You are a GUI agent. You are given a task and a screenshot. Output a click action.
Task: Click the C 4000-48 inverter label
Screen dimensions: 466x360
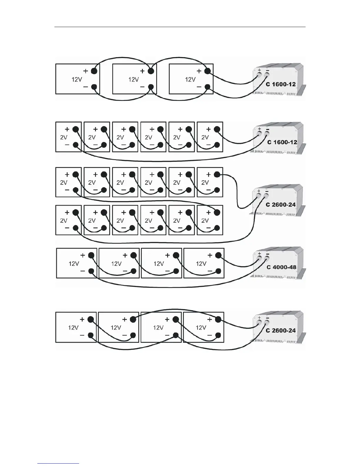click(x=281, y=267)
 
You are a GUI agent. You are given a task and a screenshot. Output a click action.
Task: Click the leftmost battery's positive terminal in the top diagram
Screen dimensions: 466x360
click(x=94, y=71)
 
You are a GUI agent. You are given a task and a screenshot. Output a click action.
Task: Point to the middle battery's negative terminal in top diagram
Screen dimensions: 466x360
click(x=151, y=87)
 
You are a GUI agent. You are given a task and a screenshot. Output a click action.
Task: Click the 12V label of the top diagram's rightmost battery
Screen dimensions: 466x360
click(x=190, y=79)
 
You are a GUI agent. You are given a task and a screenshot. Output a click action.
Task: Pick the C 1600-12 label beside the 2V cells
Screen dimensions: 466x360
click(x=282, y=142)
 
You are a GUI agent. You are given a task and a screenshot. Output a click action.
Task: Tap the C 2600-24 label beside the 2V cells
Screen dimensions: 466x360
click(x=281, y=204)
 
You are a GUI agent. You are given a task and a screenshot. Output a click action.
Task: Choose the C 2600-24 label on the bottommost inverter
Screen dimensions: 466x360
click(x=281, y=330)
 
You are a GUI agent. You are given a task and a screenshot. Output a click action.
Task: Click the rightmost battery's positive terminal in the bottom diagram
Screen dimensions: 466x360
click(x=218, y=319)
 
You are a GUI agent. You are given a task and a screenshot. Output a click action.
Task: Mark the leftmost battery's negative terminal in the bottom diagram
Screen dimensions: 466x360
click(x=91, y=335)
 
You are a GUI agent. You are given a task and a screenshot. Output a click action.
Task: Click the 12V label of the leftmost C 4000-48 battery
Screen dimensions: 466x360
click(x=74, y=264)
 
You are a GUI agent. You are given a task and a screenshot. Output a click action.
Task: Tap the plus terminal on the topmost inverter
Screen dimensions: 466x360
click(x=260, y=75)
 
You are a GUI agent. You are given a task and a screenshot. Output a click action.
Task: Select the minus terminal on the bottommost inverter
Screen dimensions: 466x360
click(x=267, y=322)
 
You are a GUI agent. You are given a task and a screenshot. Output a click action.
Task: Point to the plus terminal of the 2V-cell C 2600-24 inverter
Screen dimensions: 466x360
click(x=259, y=196)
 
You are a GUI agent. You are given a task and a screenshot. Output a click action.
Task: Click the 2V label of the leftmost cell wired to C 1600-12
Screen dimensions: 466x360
click(x=64, y=137)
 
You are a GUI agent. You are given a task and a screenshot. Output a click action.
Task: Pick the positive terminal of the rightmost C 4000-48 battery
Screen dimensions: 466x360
click(x=218, y=255)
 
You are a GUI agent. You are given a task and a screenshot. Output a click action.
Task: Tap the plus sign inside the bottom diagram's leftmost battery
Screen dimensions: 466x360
click(x=82, y=319)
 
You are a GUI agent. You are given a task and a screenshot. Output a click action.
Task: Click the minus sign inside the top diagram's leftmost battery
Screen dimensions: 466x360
click(x=85, y=87)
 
